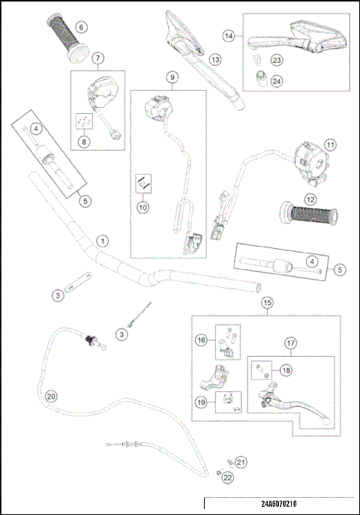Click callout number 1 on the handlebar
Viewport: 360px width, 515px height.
(102, 241)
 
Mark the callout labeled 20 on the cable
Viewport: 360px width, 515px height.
(51, 397)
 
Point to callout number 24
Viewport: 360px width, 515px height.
(277, 81)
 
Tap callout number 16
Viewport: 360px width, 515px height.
(201, 341)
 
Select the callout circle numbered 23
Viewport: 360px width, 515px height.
(277, 60)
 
